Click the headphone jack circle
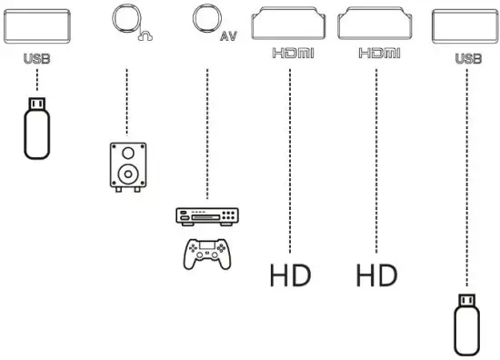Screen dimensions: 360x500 [125, 19]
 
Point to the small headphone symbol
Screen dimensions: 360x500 [144, 36]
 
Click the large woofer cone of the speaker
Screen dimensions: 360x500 [125, 173]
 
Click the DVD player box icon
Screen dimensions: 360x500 [206, 216]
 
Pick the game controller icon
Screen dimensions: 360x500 [206, 252]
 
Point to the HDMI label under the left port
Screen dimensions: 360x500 [291, 55]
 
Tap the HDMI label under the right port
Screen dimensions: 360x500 [376, 55]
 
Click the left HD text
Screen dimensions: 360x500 [290, 275]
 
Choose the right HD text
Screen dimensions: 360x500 [376, 275]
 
